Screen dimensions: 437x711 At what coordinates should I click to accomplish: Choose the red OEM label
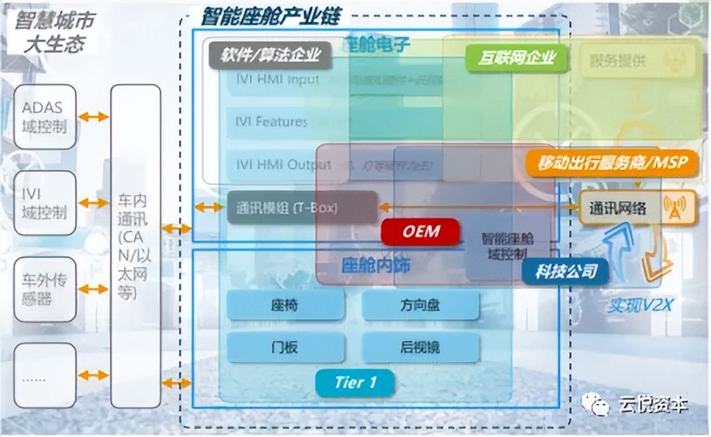pos(420,232)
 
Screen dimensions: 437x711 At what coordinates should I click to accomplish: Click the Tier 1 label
pos(355,383)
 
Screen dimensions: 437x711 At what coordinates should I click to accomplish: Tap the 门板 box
pos(286,347)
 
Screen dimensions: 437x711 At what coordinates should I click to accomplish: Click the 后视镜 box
pos(420,347)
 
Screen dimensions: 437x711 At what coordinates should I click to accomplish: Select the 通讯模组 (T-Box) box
pos(302,208)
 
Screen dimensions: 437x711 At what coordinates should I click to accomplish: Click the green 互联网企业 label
pos(516,57)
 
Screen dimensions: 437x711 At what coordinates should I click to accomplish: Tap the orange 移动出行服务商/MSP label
pos(611,163)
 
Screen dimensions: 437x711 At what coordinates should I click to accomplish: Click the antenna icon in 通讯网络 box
pos(674,207)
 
